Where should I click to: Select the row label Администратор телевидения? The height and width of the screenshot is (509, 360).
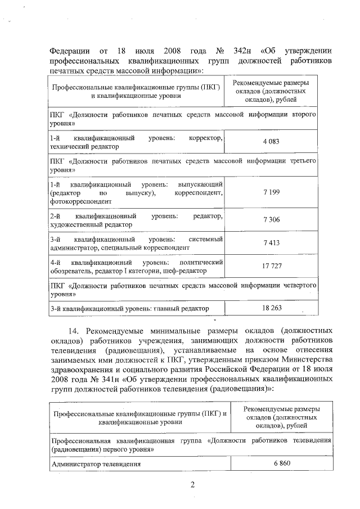click(x=96, y=464)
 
